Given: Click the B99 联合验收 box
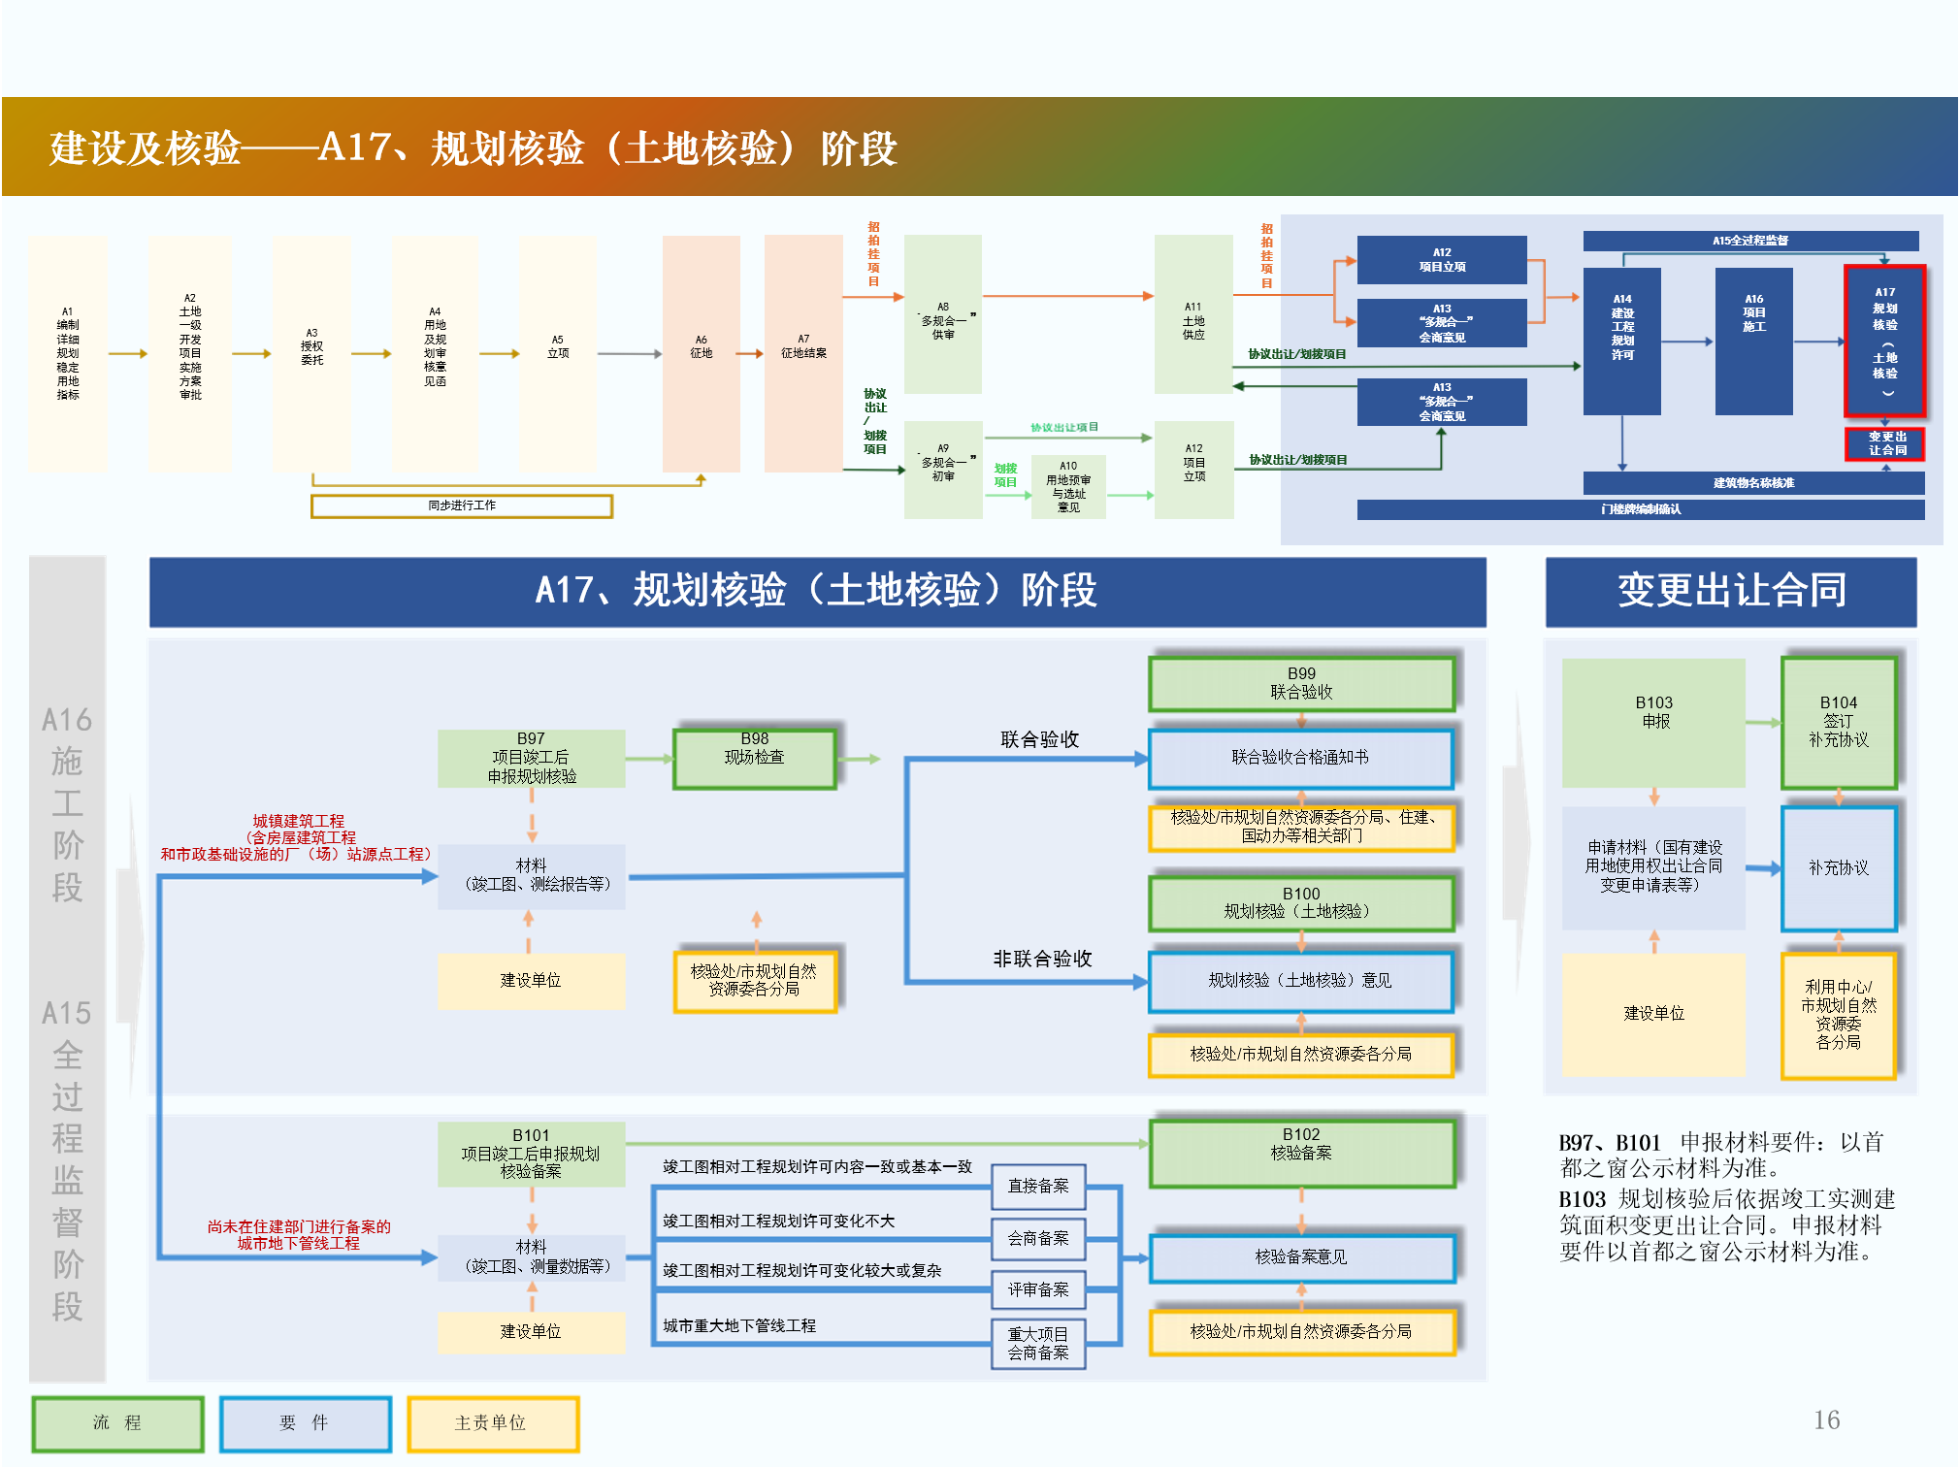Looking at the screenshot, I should tap(1301, 683).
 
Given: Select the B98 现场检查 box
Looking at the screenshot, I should tap(754, 759).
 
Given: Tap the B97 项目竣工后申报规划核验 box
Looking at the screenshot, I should tap(531, 758).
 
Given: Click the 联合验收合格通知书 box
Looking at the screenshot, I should tap(1300, 758).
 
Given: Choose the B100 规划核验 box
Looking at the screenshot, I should tap(1300, 903).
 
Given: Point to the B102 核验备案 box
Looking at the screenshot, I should tap(1301, 1153).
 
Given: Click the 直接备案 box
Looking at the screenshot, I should tap(1037, 1186).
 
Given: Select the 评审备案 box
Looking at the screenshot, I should tap(1037, 1289).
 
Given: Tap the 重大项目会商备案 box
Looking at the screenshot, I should tap(1037, 1344).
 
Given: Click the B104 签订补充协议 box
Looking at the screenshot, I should tap(1838, 722).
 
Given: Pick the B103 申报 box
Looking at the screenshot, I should tap(1653, 722).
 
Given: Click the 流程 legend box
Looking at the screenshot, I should tap(117, 1423).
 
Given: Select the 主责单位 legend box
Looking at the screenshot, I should tap(492, 1423).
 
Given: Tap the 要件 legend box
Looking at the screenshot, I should tap(305, 1423).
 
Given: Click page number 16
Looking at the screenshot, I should tap(1826, 1420).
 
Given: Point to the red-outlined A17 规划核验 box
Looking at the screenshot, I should tap(1884, 341).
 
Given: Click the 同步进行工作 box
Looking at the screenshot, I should tap(462, 505).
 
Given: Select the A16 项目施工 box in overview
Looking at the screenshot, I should tap(1753, 341).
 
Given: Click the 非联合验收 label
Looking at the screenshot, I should tap(1042, 959).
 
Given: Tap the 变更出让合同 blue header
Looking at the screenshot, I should tap(1731, 591).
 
